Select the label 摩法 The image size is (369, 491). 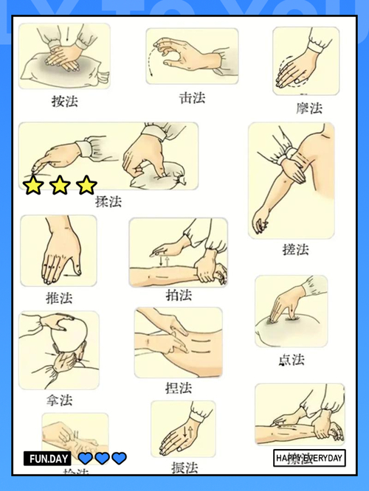(x=309, y=108)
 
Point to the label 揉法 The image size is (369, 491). (x=108, y=201)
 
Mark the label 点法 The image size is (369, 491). (x=292, y=360)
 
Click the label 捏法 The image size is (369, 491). (x=179, y=387)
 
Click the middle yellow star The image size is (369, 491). (x=60, y=185)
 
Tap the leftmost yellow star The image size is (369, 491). (x=33, y=185)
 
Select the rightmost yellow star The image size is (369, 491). (x=86, y=185)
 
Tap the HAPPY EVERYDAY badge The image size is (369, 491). (x=309, y=459)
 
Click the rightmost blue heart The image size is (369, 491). (x=119, y=459)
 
